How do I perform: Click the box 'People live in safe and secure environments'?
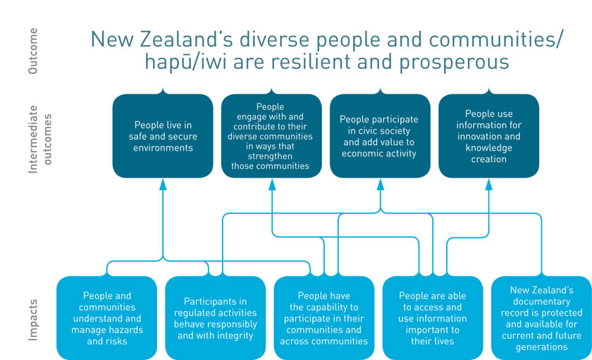tap(163, 136)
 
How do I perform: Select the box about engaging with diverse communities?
tap(271, 136)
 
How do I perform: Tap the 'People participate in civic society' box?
tap(380, 136)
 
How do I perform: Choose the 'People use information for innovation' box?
tap(489, 136)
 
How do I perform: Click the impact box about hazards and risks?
tap(107, 318)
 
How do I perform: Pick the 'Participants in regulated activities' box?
tap(216, 318)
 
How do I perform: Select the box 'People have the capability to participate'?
tap(324, 318)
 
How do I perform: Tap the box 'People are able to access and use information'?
tap(433, 318)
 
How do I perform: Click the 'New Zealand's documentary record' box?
tap(541, 318)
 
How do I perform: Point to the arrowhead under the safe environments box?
tap(163, 185)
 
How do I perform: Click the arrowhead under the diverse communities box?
tap(272, 185)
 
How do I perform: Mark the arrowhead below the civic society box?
tap(380, 185)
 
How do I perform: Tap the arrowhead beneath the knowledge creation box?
tap(489, 185)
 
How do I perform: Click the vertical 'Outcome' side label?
tap(33, 51)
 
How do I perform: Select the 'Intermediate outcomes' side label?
tap(39, 139)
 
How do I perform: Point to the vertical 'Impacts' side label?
tap(33, 320)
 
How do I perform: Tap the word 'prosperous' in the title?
tap(454, 63)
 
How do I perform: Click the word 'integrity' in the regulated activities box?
tap(234, 336)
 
